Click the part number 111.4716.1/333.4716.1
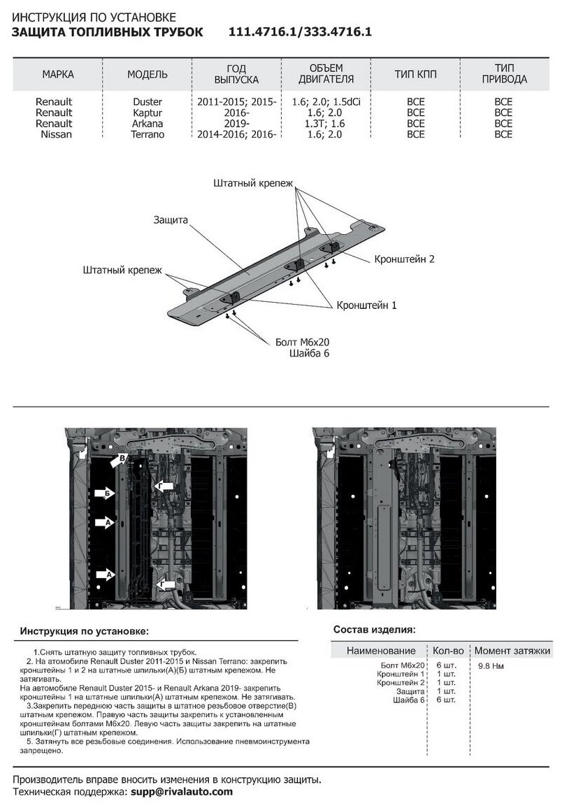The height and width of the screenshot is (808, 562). pos(301,32)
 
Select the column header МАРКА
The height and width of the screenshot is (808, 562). pos(58,75)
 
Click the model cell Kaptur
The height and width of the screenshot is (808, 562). pos(147,112)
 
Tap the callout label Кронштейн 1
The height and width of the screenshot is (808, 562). pos(367,305)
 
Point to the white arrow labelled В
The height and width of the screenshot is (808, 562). pos(118,459)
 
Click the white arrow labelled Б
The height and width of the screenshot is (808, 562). pos(104,495)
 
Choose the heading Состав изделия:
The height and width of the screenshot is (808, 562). pos(374,629)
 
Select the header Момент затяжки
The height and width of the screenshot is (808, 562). pos(512,651)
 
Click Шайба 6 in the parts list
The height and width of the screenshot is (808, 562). pos(408,700)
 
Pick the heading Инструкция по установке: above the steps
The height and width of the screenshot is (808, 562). pos(84,631)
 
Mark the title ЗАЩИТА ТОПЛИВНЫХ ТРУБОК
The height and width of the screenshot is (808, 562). pos(109,32)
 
